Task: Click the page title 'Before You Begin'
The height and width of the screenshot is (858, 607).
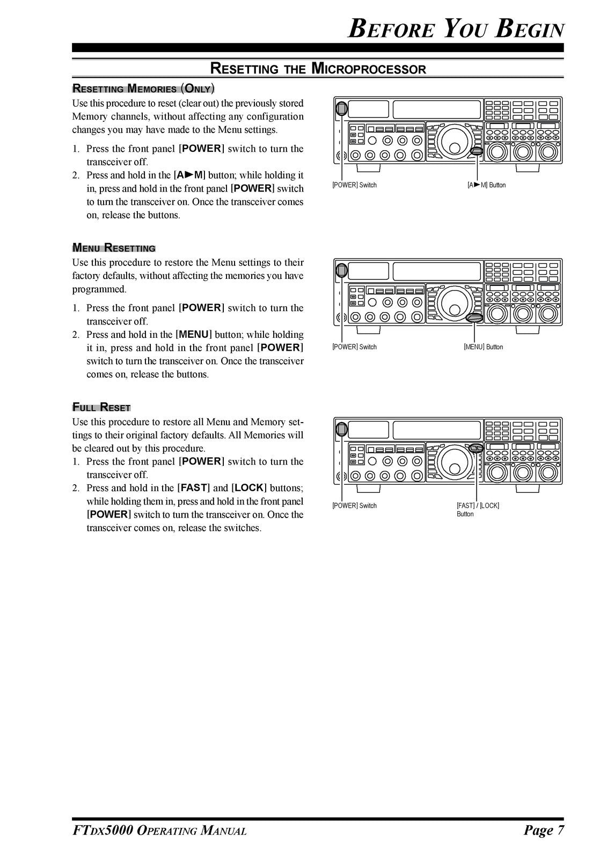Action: [456, 28]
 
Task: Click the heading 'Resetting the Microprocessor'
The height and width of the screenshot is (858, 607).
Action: [318, 69]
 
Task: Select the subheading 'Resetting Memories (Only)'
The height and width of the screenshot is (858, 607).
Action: [143, 88]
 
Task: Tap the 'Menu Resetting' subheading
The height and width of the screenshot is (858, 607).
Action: [114, 248]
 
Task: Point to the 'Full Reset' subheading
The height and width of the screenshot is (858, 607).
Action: [101, 407]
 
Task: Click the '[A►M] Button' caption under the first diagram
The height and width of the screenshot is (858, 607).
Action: [486, 185]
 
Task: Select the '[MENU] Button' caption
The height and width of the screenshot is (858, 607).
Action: [483, 347]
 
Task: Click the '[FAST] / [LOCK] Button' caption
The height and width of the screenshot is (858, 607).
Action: [477, 509]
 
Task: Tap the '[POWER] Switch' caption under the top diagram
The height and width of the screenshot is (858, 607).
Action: [354, 185]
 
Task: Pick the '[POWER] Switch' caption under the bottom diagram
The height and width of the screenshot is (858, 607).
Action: [354, 506]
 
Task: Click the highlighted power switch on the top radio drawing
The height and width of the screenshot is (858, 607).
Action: [341, 109]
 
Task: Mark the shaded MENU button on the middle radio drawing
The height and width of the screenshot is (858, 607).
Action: [474, 318]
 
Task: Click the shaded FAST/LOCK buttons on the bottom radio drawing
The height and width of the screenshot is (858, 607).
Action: [476, 448]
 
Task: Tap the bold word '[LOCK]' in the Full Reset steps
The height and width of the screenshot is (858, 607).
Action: [249, 488]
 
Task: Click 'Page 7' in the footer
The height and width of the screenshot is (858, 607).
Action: [544, 831]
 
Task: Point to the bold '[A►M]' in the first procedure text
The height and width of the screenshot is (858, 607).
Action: [189, 175]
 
